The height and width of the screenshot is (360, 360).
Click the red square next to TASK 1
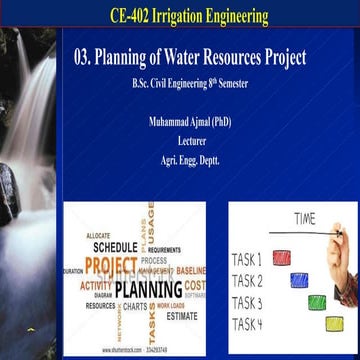point(282,257)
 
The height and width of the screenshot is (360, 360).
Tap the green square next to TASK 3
point(317,301)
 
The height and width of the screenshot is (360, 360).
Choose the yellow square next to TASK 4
point(333,323)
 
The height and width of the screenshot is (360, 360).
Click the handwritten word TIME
point(305,218)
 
